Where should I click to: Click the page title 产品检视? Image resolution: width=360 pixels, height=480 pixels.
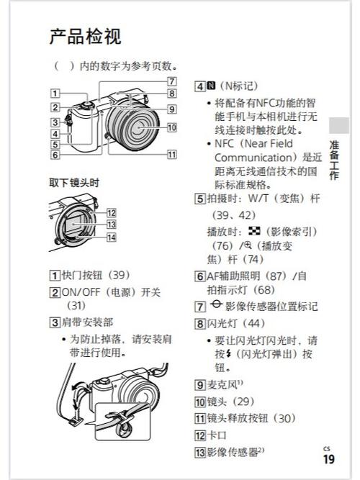tap(85, 36)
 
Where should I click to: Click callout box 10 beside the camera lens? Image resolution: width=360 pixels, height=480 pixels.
tap(171, 127)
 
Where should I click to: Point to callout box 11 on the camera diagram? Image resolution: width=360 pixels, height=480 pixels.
tap(171, 154)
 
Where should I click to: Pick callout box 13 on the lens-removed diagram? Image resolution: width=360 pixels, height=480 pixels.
tap(111, 224)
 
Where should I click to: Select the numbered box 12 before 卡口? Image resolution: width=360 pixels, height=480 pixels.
tap(200, 435)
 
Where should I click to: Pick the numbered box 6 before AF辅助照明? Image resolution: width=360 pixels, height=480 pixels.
tap(200, 276)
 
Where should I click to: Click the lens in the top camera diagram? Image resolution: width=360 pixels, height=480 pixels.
tap(142, 128)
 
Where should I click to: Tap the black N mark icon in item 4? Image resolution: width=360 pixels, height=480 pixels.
tap(212, 86)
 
